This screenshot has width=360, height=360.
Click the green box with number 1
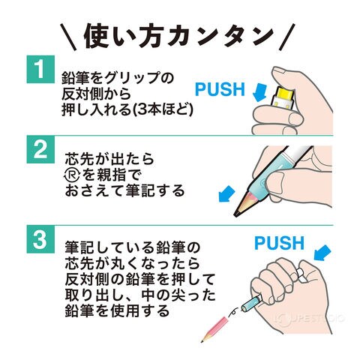pyautogui.click(x=40, y=69)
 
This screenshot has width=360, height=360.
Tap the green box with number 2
pyautogui.click(x=40, y=149)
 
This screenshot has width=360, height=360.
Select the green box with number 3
pyautogui.click(x=40, y=239)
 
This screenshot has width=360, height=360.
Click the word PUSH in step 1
pyautogui.click(x=220, y=89)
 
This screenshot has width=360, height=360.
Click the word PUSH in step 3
pyautogui.click(x=279, y=243)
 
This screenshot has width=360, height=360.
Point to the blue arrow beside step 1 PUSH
pyautogui.click(x=260, y=92)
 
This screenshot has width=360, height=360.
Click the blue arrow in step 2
pyautogui.click(x=226, y=194)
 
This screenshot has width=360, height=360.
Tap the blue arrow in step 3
pyautogui.click(x=322, y=252)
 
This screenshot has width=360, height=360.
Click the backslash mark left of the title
pyautogui.click(x=68, y=37)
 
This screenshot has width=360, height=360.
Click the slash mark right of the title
pyautogui.click(x=287, y=37)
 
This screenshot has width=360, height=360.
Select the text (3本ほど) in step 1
pyautogui.click(x=163, y=109)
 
